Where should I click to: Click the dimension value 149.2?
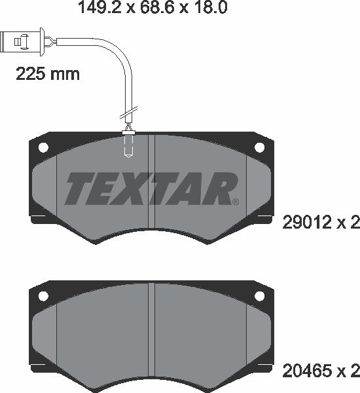click(x=100, y=7)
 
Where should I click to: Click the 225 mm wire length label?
click(x=48, y=74)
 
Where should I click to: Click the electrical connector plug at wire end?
click(x=22, y=42)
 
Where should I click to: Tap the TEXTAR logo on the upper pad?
click(x=151, y=189)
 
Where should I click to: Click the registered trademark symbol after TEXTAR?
click(x=236, y=202)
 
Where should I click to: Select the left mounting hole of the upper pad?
click(x=43, y=147)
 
